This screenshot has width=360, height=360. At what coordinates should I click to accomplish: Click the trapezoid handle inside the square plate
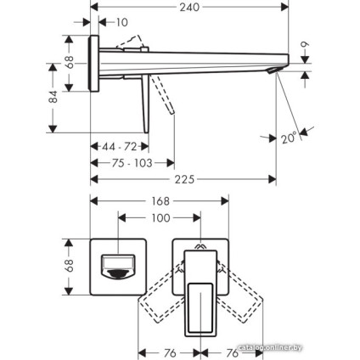tap(115, 265)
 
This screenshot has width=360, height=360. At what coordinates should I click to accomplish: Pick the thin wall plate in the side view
tap(96, 61)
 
